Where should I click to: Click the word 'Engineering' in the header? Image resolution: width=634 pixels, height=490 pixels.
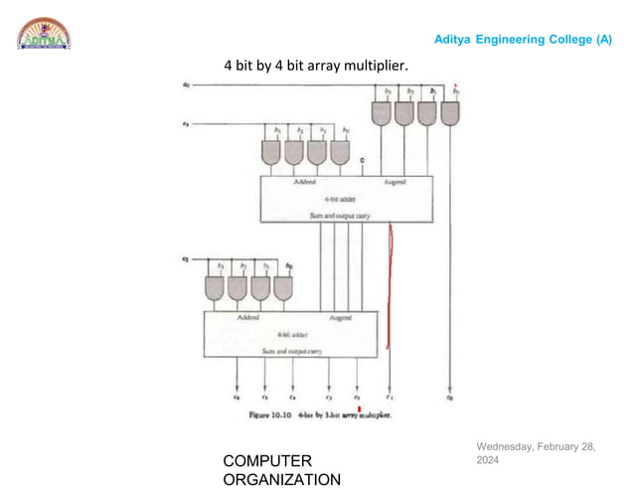coord(505,39)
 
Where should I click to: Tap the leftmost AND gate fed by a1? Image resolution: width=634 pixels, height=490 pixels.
coord(270,152)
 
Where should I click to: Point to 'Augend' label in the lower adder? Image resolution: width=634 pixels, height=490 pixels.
coord(340,318)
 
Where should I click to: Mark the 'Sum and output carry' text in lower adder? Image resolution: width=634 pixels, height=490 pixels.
coord(289,350)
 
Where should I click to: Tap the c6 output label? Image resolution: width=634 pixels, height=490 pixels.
coord(238,396)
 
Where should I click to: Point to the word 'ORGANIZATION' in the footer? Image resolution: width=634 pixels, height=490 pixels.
coord(282,479)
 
